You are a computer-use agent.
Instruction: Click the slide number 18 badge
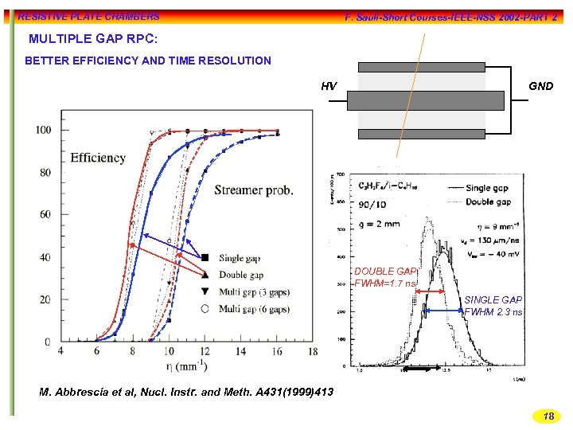tap(548, 416)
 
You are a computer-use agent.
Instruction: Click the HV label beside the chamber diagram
tap(329, 86)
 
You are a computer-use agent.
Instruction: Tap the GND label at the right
tap(540, 86)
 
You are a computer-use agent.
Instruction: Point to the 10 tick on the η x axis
tap(169, 351)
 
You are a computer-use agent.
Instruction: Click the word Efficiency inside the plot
tap(98, 158)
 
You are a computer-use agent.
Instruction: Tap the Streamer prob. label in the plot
tap(253, 190)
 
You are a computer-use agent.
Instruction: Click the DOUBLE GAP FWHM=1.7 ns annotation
tap(385, 277)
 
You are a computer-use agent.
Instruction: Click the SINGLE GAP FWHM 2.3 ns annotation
tap(493, 306)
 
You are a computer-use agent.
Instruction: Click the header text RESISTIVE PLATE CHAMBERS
tap(88, 16)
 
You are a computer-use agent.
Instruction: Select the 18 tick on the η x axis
tap(313, 351)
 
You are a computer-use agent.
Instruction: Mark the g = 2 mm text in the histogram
tap(380, 224)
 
